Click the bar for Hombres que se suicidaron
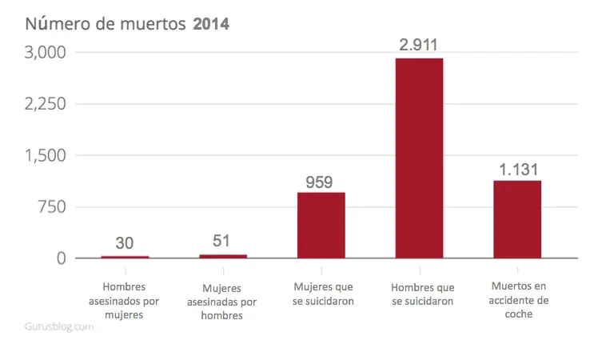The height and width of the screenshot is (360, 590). (x=419, y=158)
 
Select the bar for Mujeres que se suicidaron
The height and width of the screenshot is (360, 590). (x=321, y=225)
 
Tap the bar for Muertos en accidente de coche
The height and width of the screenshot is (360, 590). (x=517, y=219)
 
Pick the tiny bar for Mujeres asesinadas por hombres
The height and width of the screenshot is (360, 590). (x=223, y=257)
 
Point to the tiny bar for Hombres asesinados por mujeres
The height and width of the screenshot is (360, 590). (x=125, y=257)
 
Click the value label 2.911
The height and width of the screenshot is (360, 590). (x=418, y=45)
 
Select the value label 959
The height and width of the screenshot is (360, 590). (x=319, y=182)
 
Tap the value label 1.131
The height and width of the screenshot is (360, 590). (x=519, y=170)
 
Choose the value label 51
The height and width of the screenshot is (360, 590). (x=221, y=241)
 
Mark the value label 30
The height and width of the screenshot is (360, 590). (x=125, y=243)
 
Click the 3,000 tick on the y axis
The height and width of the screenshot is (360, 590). (x=45, y=52)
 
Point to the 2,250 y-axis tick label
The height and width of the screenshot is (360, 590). (x=45, y=104)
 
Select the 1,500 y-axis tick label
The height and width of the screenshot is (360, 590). (x=45, y=155)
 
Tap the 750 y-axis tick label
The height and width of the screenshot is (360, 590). (x=51, y=207)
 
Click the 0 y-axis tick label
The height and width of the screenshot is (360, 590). (x=62, y=258)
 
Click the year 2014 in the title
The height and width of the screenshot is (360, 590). (x=211, y=24)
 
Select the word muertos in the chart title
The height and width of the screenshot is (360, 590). (x=153, y=25)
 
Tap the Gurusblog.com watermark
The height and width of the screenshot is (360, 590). (x=59, y=326)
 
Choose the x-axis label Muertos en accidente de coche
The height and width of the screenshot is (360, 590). (x=519, y=300)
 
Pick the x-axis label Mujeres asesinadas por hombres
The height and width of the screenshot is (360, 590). (x=221, y=302)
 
